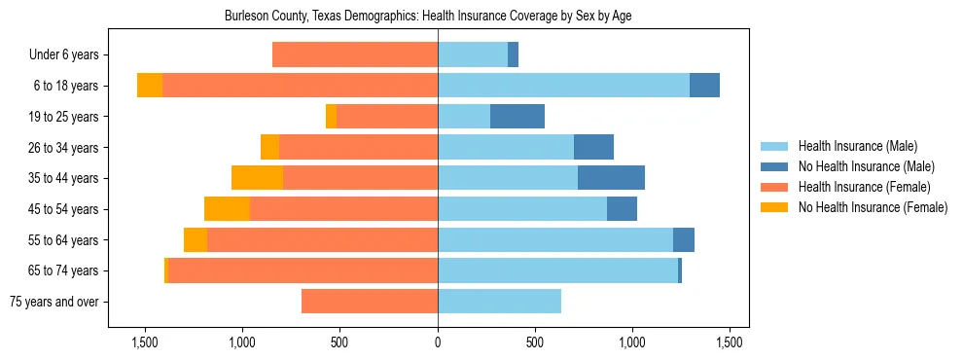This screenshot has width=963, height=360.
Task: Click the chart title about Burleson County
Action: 428,17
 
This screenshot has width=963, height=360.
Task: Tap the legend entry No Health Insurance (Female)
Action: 873,207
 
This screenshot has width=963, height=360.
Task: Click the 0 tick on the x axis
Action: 438,342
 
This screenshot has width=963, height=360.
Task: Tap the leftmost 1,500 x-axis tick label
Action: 145,342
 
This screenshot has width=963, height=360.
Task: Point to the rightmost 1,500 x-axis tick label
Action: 731,342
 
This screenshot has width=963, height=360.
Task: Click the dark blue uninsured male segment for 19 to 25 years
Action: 517,117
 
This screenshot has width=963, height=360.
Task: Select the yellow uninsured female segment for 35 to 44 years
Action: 257,178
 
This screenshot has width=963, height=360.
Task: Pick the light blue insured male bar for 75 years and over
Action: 499,302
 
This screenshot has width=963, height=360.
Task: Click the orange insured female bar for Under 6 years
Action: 355,55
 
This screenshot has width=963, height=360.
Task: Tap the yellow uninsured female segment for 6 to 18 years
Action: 150,86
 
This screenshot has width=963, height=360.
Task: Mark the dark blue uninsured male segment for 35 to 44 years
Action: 611,178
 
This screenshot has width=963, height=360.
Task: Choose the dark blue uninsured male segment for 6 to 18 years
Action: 704,86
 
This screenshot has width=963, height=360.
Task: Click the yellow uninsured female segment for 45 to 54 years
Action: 227,209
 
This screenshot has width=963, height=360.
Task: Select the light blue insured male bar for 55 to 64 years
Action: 555,240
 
